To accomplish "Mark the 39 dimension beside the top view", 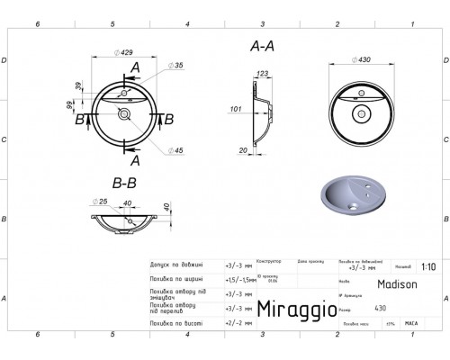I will point(79,86).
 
